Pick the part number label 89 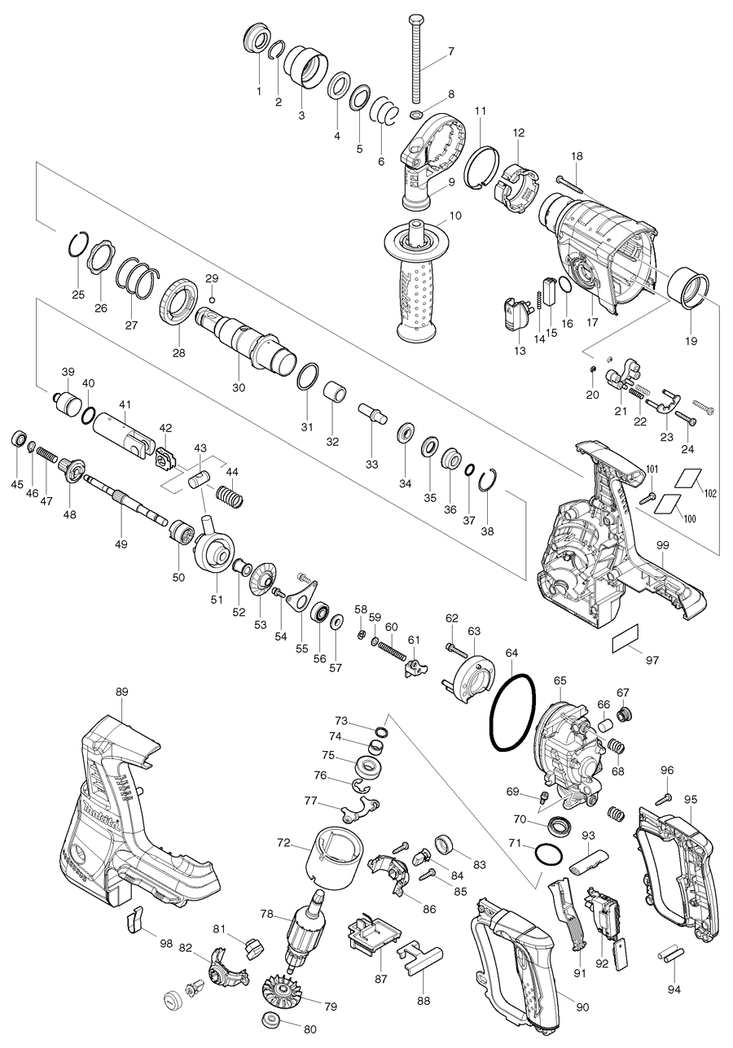(x=121, y=692)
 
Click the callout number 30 (x=238, y=388)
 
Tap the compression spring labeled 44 (x=227, y=493)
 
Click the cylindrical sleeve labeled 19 (x=689, y=290)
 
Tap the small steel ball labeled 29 (x=212, y=299)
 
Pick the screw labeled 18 (x=574, y=181)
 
